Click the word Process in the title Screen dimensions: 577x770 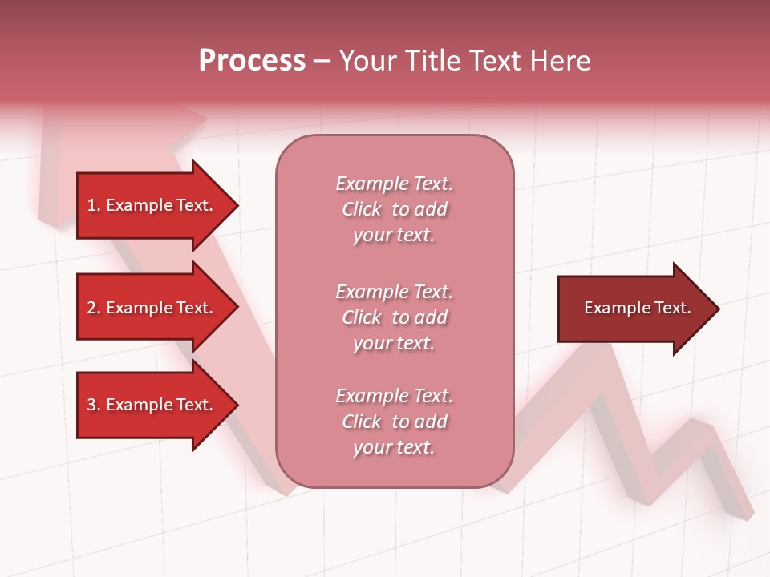coord(252,61)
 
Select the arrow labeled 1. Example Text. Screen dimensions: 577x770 coord(152,205)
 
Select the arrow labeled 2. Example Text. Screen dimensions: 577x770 coord(152,308)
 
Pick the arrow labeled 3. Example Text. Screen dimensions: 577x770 coord(152,405)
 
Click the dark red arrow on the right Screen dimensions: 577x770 coord(634,309)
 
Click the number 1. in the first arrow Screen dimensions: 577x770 coord(93,205)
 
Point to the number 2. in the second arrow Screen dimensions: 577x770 coord(93,308)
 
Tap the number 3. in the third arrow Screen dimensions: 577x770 coord(93,405)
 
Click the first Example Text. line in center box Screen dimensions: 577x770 coord(394,184)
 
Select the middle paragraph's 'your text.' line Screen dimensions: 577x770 coord(394,343)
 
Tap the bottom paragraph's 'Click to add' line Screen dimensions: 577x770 coord(394,422)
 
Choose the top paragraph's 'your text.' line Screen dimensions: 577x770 coord(394,236)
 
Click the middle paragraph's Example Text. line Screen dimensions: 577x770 coord(394,292)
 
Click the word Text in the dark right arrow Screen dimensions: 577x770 coord(673,308)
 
